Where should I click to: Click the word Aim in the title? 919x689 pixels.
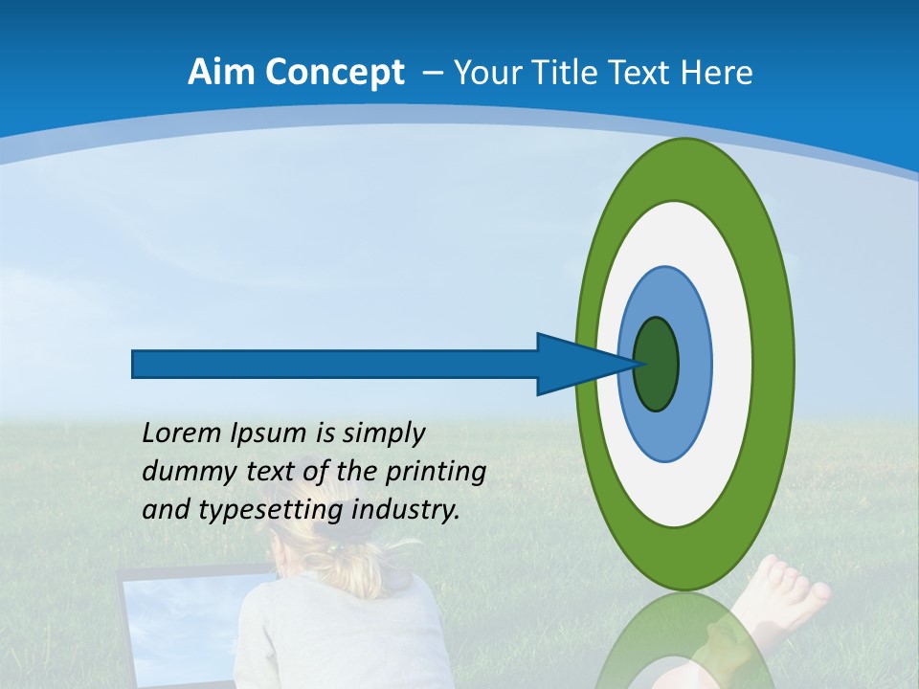click(x=220, y=73)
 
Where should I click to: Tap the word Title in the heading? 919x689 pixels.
click(x=580, y=73)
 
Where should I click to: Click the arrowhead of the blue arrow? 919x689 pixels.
click(x=574, y=365)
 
